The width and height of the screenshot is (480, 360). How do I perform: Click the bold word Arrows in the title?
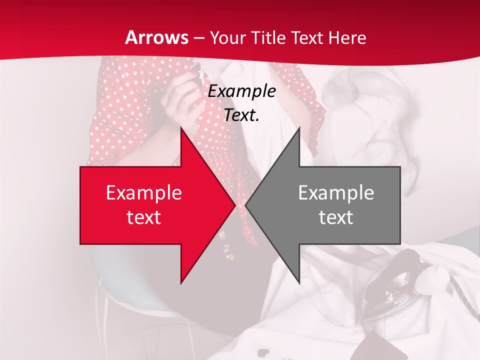[x=156, y=37]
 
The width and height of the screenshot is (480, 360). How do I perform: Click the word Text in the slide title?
[x=308, y=37]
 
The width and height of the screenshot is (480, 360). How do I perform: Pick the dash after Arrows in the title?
[x=199, y=38]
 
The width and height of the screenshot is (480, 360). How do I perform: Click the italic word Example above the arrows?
[x=242, y=91]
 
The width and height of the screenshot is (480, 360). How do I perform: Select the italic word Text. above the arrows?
[x=242, y=115]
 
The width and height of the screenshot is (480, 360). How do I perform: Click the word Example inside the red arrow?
[x=144, y=193]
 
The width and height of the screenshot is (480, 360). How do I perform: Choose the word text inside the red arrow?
[x=144, y=217]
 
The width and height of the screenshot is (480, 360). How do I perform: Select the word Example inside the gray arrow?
[x=336, y=193]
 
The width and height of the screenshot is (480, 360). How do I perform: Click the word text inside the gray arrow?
[x=336, y=217]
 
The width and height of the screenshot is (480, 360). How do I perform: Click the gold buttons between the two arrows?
[x=227, y=247]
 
